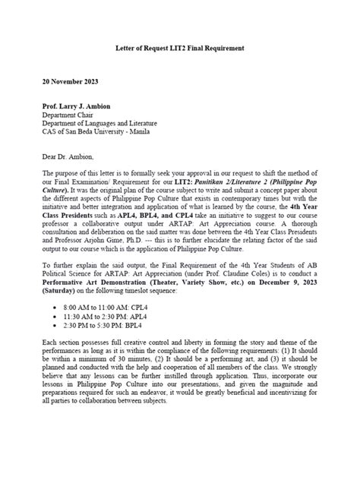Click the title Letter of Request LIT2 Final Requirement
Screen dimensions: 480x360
click(179, 48)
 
